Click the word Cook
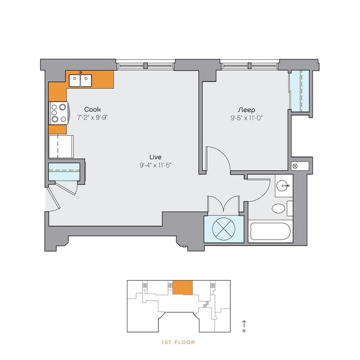point(92,109)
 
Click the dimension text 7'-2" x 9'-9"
point(92,117)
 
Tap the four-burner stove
point(59,114)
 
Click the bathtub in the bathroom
point(271,232)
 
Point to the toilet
point(280,209)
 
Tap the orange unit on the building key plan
point(182,287)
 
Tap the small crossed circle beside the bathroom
point(295,166)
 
